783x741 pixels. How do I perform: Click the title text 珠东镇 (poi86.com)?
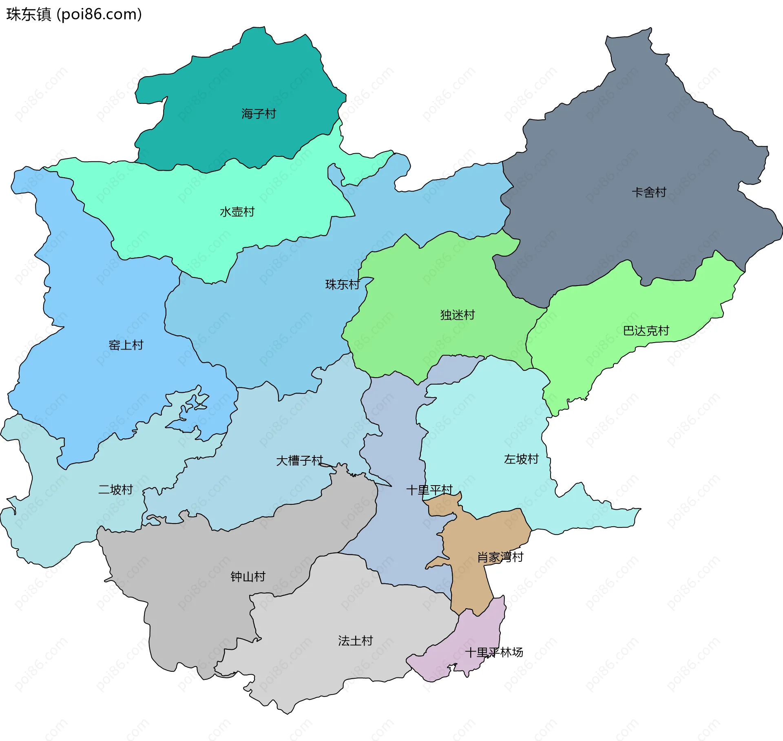pyautogui.click(x=74, y=14)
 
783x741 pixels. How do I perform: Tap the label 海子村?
pyautogui.click(x=259, y=114)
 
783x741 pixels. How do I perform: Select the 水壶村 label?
pyautogui.click(x=237, y=212)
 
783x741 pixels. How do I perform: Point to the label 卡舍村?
pyautogui.click(x=648, y=192)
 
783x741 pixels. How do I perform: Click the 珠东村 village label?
pyautogui.click(x=342, y=284)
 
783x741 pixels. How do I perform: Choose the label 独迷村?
pyautogui.click(x=457, y=315)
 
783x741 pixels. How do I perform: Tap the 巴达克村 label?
pyautogui.click(x=646, y=330)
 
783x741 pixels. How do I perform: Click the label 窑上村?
pyautogui.click(x=126, y=345)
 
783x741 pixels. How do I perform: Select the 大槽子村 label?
pyautogui.click(x=299, y=461)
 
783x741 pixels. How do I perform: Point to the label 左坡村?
pyautogui.click(x=521, y=459)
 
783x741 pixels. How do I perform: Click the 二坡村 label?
pyautogui.click(x=115, y=489)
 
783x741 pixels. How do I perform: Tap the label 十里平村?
pyautogui.click(x=429, y=490)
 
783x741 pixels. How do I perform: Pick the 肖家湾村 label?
pyautogui.click(x=500, y=557)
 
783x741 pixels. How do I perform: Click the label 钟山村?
pyautogui.click(x=248, y=576)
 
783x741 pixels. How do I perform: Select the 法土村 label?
pyautogui.click(x=355, y=641)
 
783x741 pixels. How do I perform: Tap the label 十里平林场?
pyautogui.click(x=494, y=652)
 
